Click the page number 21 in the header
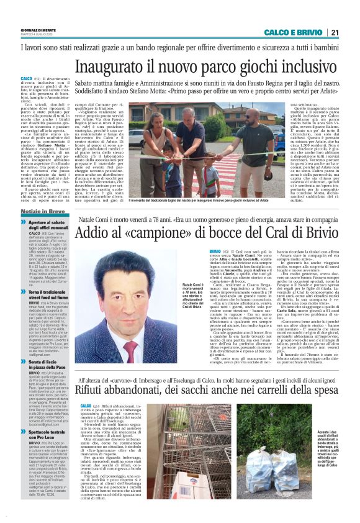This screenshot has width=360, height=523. [335, 32]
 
